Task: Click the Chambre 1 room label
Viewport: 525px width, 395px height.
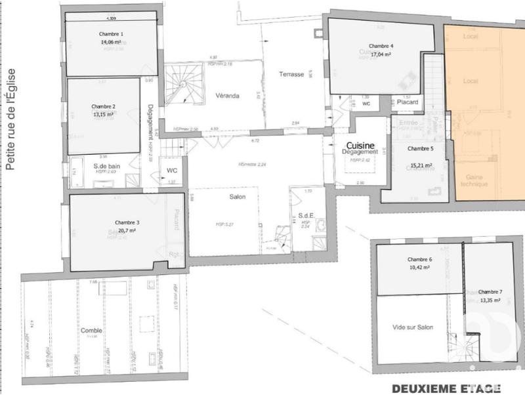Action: coord(112,33)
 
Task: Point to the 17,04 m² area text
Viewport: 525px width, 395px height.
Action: coord(381,55)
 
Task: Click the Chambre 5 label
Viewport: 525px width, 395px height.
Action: coord(419,149)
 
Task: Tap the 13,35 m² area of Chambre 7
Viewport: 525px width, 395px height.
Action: coord(490,301)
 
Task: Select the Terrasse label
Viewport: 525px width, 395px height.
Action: coord(291,74)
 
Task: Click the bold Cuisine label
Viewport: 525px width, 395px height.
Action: coord(360,145)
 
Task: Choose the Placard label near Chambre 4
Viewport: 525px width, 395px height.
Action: coord(406,102)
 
